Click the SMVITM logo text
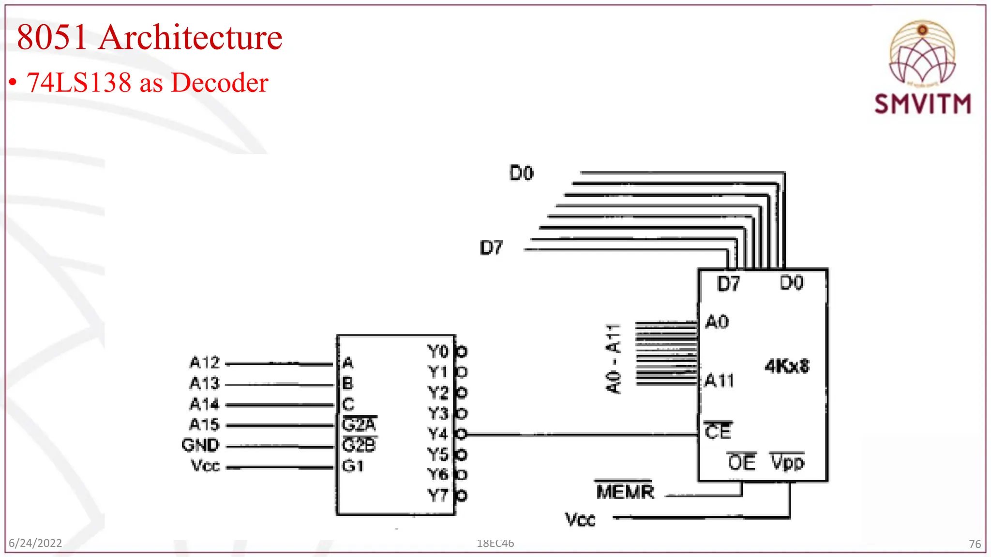click(x=922, y=104)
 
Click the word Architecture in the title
click(x=191, y=37)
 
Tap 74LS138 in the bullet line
click(x=79, y=82)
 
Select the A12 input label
click(x=204, y=363)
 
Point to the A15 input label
click(x=204, y=425)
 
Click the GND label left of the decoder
click(x=200, y=445)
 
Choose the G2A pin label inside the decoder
click(x=359, y=425)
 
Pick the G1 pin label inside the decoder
click(x=353, y=466)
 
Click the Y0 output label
click(x=437, y=352)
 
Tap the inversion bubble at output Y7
click(x=462, y=496)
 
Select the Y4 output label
click(x=437, y=434)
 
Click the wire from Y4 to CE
click(x=581, y=435)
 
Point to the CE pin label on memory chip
click(x=718, y=431)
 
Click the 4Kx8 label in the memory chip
click(x=787, y=366)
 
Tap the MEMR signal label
click(x=625, y=492)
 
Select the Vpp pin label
click(x=787, y=463)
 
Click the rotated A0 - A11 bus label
click(x=613, y=358)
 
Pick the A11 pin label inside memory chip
click(x=719, y=381)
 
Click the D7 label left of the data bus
click(x=491, y=248)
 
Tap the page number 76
click(x=975, y=544)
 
